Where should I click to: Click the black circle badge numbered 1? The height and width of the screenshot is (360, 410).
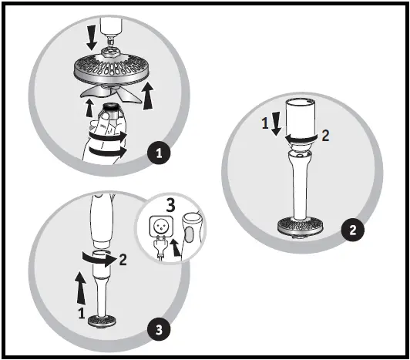(160, 153)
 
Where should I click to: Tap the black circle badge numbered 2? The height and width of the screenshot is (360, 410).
(352, 230)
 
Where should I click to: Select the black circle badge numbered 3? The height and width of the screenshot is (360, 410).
(157, 330)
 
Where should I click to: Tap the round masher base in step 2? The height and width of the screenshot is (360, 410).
(300, 227)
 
